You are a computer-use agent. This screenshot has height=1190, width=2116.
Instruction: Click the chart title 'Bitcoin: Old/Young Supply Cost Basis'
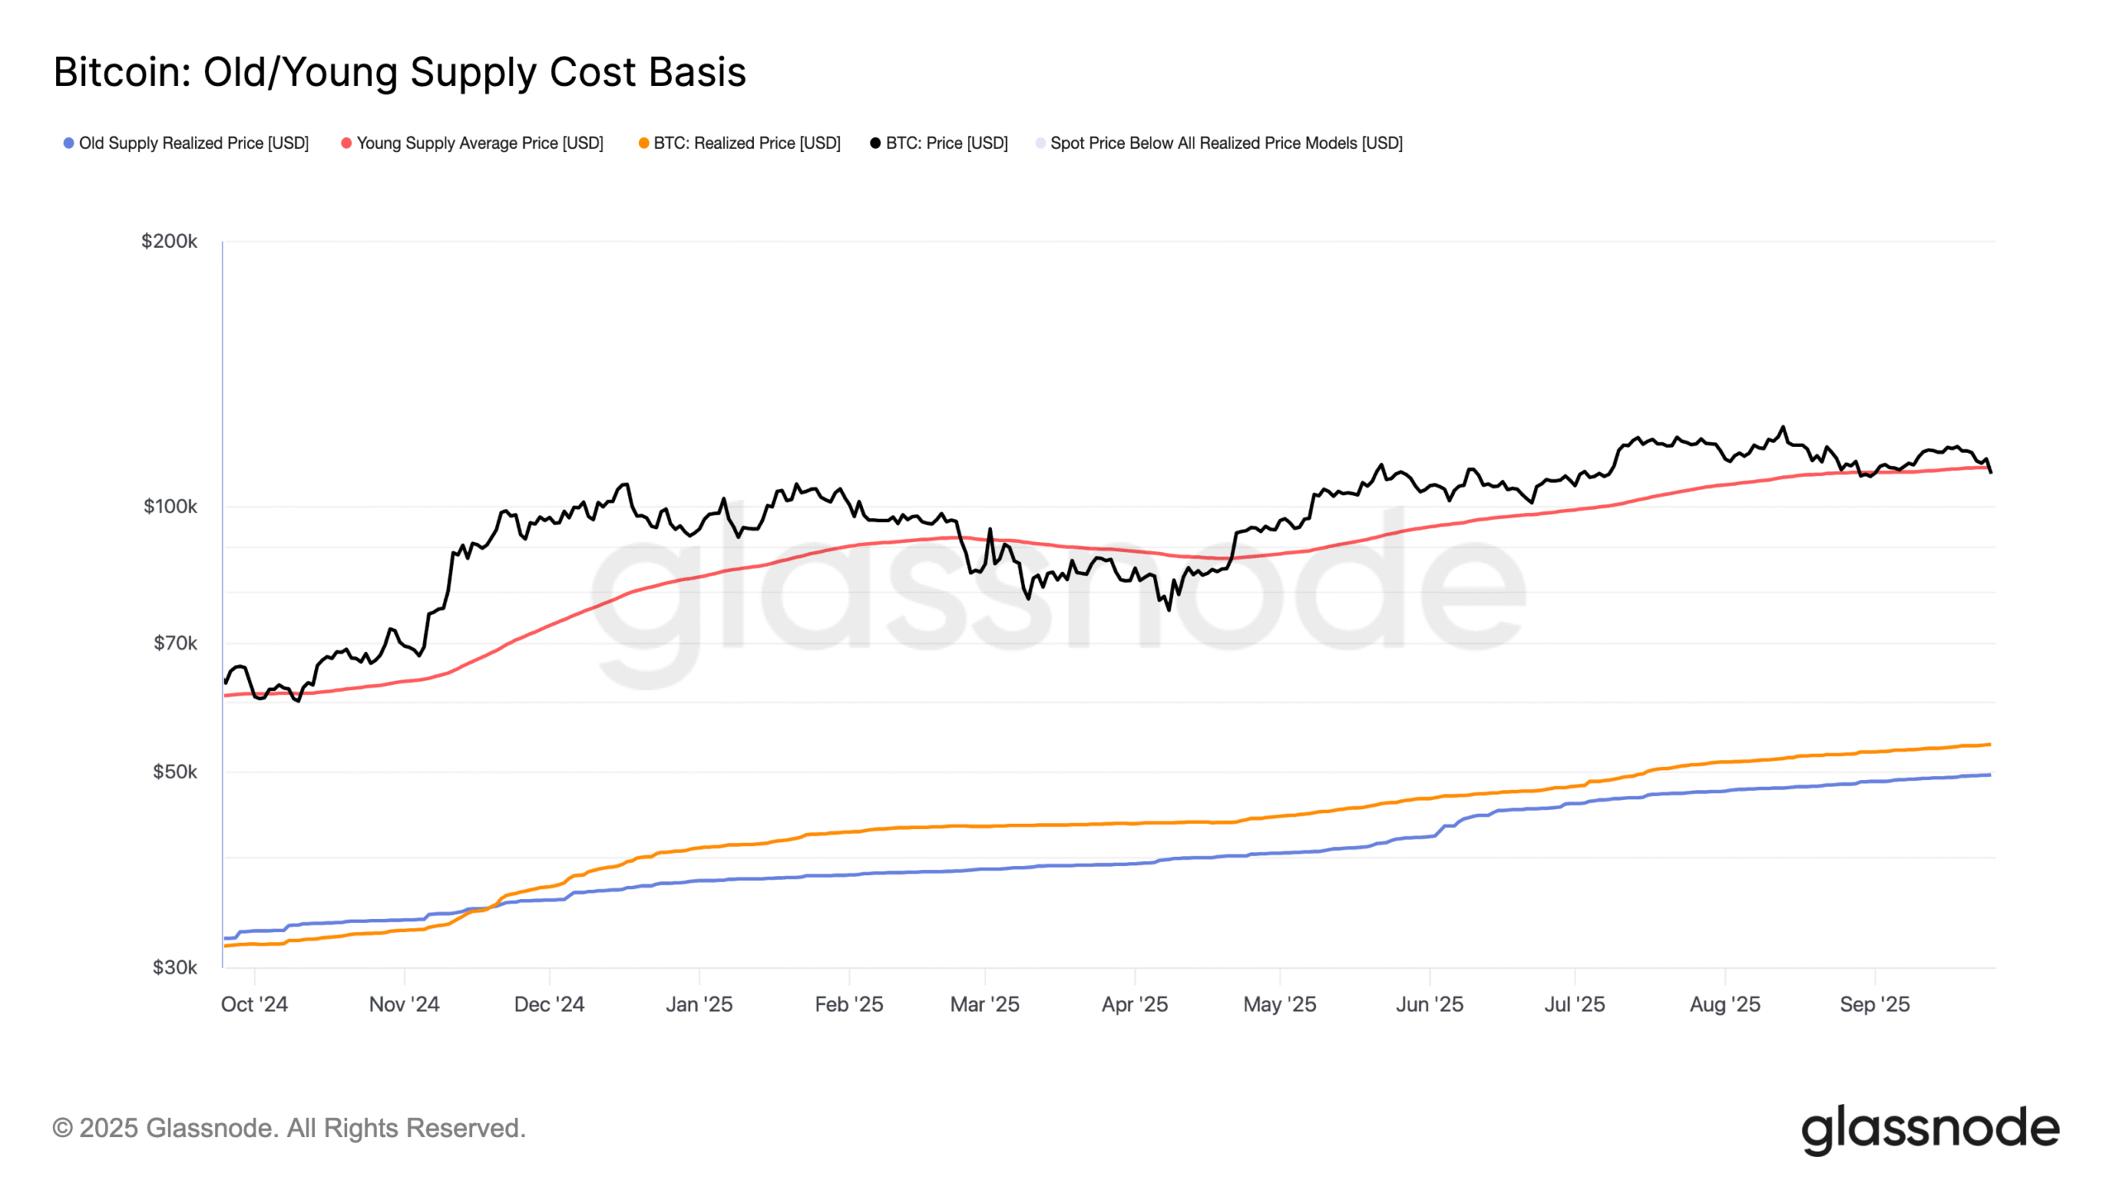pyautogui.click(x=399, y=73)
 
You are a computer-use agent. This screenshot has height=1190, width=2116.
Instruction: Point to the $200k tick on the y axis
pyautogui.click(x=169, y=241)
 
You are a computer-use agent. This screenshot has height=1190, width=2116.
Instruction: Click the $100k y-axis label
pyautogui.click(x=170, y=507)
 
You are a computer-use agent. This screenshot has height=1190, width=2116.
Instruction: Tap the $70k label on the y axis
pyautogui.click(x=175, y=643)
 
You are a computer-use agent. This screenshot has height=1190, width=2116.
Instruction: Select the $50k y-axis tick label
pyautogui.click(x=175, y=772)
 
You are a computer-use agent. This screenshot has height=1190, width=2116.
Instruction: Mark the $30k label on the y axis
pyautogui.click(x=175, y=968)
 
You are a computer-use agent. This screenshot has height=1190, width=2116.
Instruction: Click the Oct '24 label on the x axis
pyautogui.click(x=254, y=1004)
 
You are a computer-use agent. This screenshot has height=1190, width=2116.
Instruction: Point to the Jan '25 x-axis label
pyautogui.click(x=699, y=1004)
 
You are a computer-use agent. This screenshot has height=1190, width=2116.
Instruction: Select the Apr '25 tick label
pyautogui.click(x=1134, y=1004)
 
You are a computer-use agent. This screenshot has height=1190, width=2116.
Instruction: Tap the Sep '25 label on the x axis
pyautogui.click(x=1875, y=1004)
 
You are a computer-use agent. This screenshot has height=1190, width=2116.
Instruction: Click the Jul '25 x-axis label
pyautogui.click(x=1575, y=1004)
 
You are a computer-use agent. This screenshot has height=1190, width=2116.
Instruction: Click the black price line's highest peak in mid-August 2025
pyautogui.click(x=1783, y=427)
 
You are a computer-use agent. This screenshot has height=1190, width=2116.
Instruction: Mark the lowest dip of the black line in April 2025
pyautogui.click(x=1169, y=610)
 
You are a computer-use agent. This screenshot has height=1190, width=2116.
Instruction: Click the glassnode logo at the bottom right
pyautogui.click(x=1930, y=1129)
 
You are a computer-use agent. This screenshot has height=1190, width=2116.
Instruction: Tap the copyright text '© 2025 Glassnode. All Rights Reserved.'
pyautogui.click(x=288, y=1128)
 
